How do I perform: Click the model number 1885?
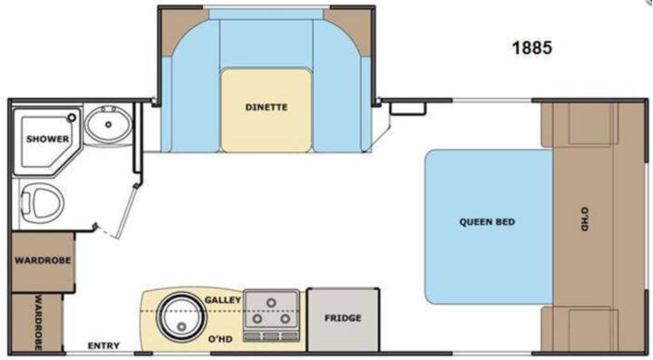pos(531,48)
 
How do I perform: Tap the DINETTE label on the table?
pos(267,107)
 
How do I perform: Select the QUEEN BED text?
pos(487,222)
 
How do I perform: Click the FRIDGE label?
pos(343,318)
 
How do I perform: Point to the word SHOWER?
pos(47,139)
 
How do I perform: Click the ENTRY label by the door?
pos(103,345)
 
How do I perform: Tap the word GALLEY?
pos(223,300)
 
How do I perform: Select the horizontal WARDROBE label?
pos(43,260)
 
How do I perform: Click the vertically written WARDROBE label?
pos(38,323)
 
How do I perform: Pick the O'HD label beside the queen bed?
pos(584,219)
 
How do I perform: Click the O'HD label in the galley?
pos(219,339)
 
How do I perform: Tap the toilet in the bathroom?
pos(42,204)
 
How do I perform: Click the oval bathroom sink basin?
pos(109,124)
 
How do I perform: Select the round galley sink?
pos(181,316)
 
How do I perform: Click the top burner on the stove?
pos(271,303)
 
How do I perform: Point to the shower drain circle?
pos(72,118)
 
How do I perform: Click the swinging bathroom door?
pos(127,211)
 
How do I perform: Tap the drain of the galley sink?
pos(181,326)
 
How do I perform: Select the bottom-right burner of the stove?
pos(285,319)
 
